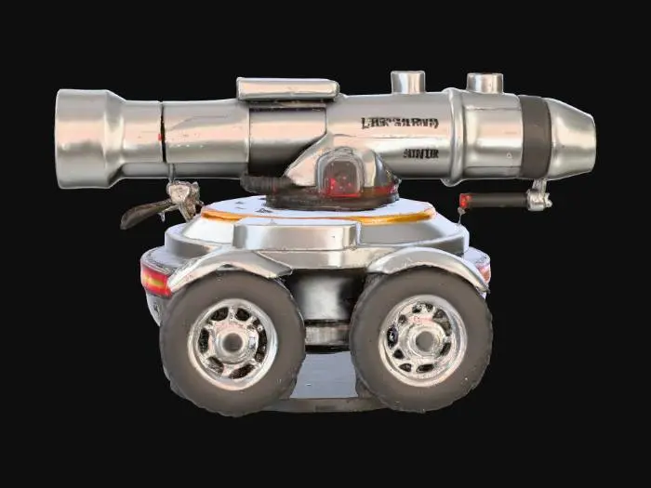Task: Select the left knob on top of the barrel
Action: (407, 82)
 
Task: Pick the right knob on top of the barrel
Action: (484, 83)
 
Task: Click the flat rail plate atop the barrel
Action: (287, 88)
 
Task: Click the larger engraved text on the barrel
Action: (400, 123)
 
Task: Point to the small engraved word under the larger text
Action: (420, 153)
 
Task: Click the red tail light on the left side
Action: (155, 279)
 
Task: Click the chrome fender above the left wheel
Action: (223, 264)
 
